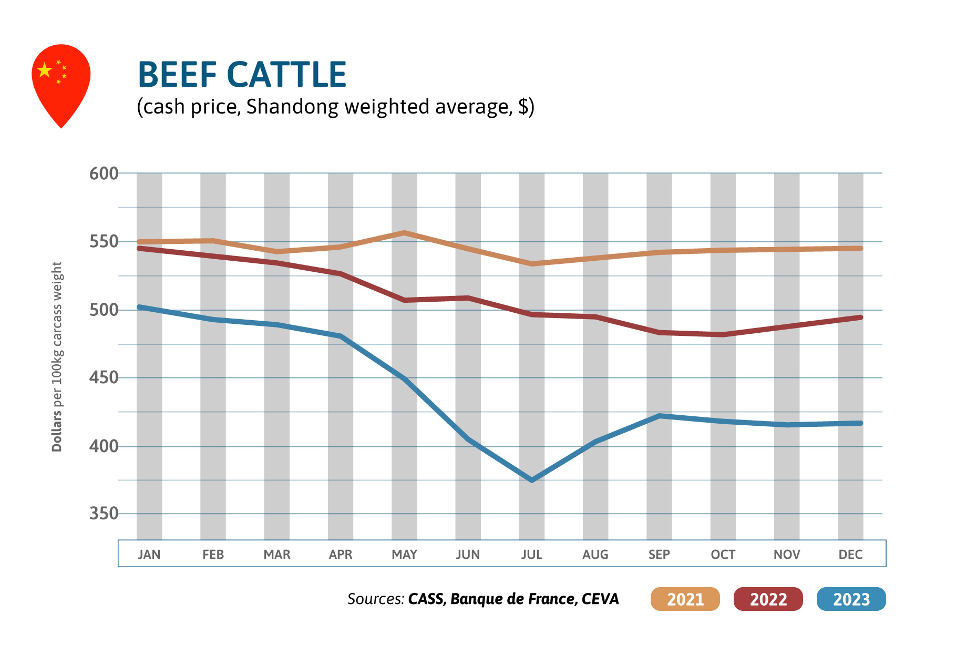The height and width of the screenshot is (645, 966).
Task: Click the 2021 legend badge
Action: point(685,599)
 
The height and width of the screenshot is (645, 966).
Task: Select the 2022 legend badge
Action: point(768,599)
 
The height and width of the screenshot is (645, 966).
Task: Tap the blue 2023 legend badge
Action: point(851,599)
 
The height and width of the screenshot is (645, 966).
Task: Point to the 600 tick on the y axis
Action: point(104,173)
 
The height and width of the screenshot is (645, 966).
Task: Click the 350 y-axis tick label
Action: point(104,514)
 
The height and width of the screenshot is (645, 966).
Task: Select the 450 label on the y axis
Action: point(104,377)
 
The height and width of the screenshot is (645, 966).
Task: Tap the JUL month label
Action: point(531,555)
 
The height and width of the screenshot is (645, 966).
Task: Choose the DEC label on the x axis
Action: point(850,555)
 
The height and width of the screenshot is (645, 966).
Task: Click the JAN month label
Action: point(149,555)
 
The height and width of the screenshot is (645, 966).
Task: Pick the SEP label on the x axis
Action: point(659,555)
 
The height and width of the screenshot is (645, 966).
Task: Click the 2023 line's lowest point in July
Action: point(532,480)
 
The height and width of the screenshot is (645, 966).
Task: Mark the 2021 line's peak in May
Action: point(404,232)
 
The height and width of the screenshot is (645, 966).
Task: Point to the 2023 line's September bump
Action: point(659,416)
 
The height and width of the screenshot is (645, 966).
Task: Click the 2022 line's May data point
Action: point(404,300)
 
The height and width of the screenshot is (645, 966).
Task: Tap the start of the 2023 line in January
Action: point(140,307)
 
